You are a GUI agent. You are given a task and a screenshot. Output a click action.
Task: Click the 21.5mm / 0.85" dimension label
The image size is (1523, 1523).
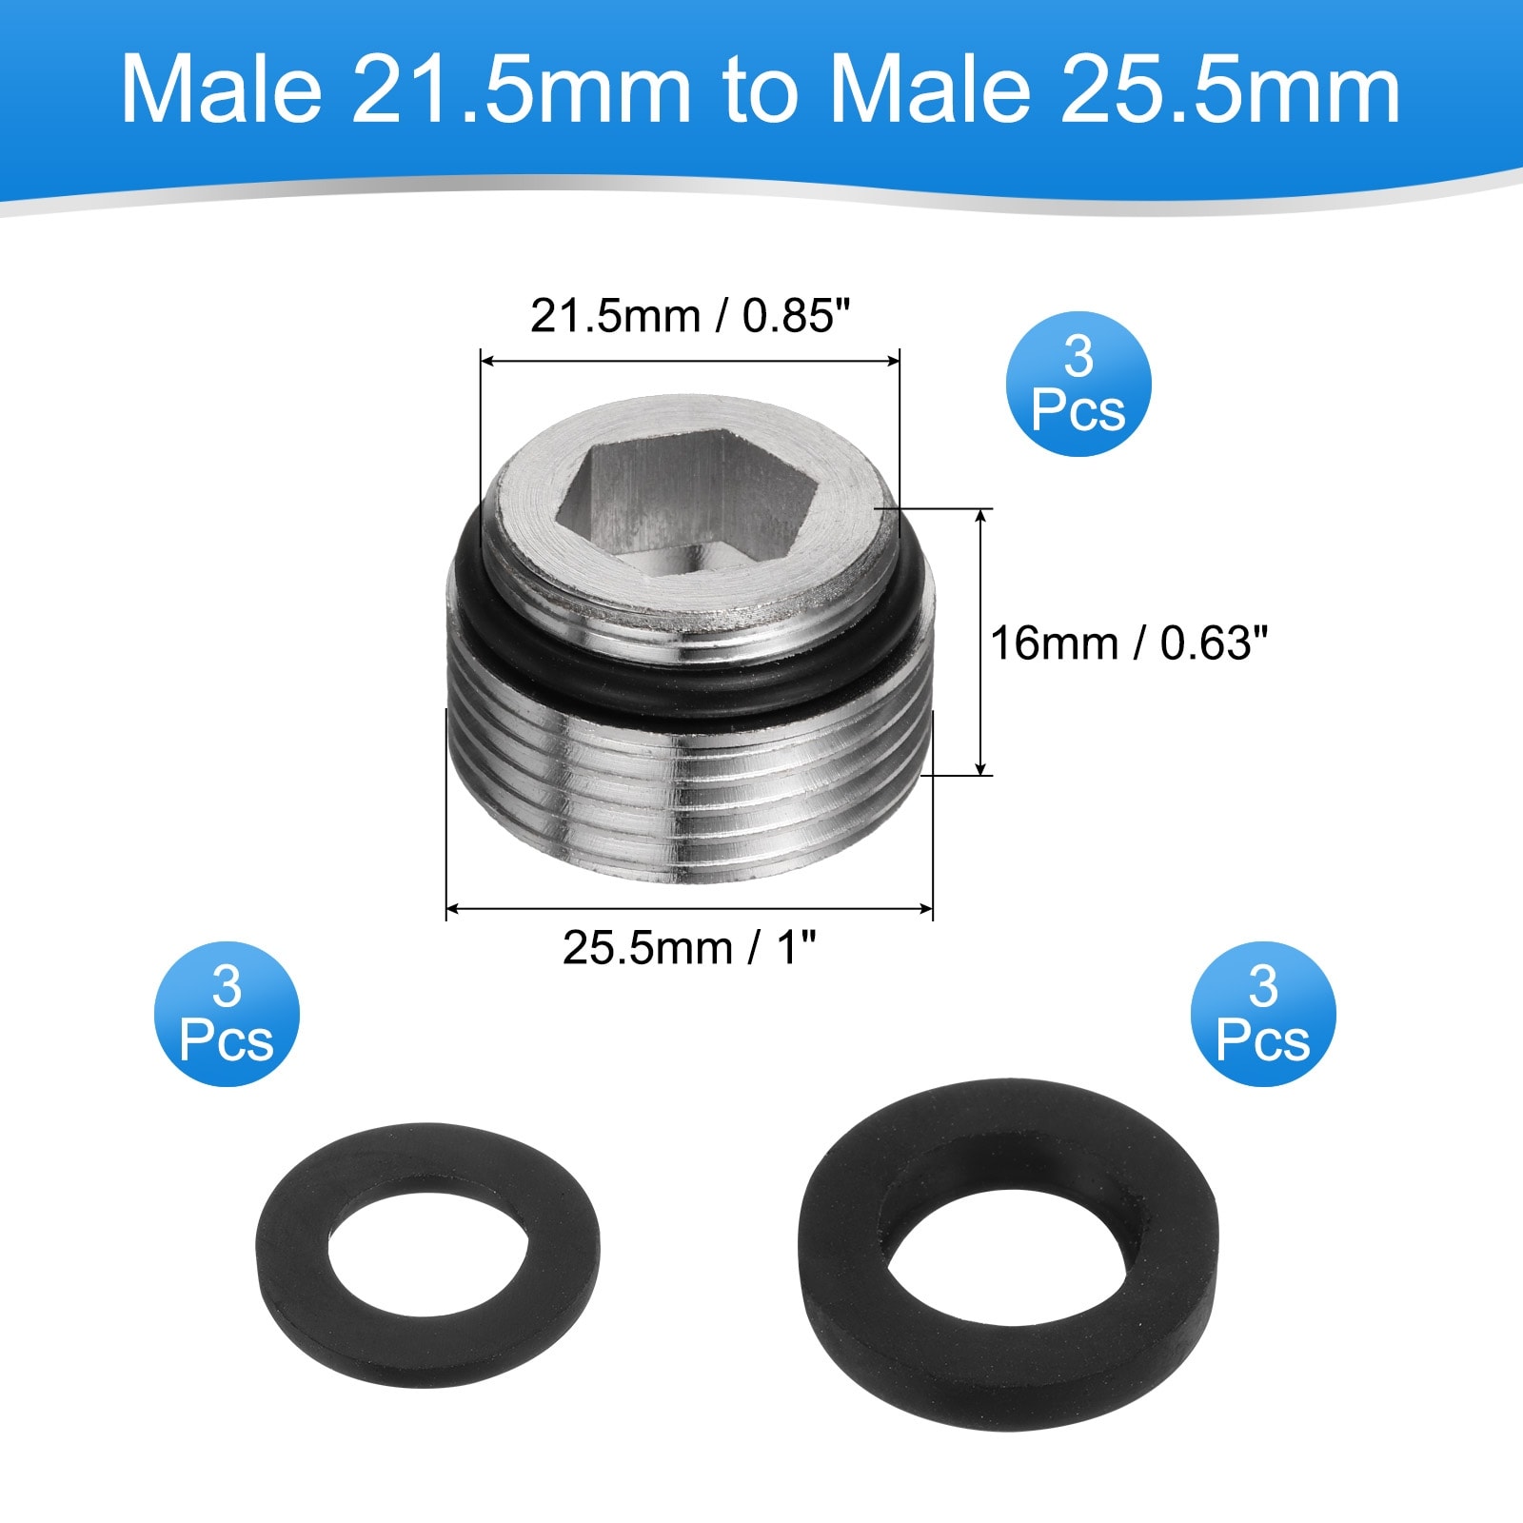(688, 316)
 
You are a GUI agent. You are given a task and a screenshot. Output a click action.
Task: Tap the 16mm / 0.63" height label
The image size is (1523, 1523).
(1130, 643)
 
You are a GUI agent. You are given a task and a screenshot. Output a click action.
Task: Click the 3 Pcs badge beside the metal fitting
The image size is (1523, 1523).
(1078, 385)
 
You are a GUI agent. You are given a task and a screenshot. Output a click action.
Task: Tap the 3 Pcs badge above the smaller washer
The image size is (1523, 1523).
(227, 1013)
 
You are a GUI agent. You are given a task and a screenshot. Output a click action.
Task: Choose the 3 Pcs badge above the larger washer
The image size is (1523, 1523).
(1263, 1013)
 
